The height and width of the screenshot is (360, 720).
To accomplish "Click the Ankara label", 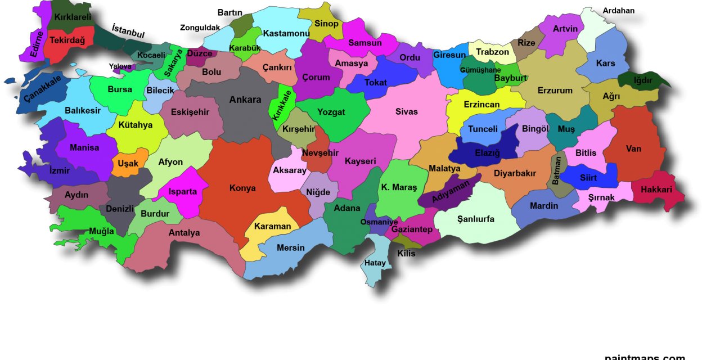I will click(x=245, y=100).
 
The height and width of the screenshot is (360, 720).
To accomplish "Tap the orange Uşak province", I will click(x=128, y=163).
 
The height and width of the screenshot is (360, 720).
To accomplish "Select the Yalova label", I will click(x=120, y=66).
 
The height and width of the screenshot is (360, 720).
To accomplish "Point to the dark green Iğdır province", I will click(x=643, y=80).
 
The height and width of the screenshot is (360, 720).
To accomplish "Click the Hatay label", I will click(x=375, y=263).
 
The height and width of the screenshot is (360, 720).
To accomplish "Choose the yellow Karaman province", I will click(x=273, y=226).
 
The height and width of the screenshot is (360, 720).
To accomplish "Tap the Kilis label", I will click(x=406, y=253).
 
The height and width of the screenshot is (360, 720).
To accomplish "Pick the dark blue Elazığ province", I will click(x=487, y=152).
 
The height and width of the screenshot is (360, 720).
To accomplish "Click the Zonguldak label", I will click(x=200, y=28).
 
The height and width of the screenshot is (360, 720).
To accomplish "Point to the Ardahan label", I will click(x=619, y=11).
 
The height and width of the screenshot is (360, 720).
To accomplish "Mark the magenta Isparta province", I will click(x=183, y=192).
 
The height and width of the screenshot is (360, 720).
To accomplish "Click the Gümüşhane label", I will click(x=480, y=70).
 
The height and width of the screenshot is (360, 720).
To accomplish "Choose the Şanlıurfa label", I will click(x=476, y=219).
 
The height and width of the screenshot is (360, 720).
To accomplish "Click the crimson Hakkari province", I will click(x=656, y=190).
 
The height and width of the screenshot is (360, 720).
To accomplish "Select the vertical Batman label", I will click(x=556, y=170).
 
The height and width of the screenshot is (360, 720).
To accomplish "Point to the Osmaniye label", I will click(x=379, y=222).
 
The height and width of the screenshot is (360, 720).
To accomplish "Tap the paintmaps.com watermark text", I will click(x=645, y=357).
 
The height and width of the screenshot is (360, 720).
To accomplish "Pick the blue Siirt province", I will click(x=588, y=178).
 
